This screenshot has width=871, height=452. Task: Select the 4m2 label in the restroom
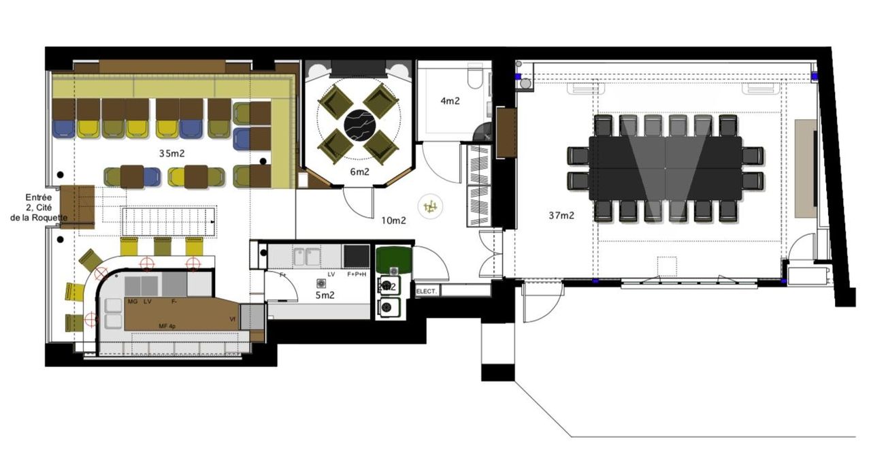[450, 101]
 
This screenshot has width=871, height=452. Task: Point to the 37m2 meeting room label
[561, 216]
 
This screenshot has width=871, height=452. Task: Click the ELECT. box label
[427, 291]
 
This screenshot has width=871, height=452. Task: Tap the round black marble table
[359, 124]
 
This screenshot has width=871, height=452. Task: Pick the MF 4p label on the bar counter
[167, 327]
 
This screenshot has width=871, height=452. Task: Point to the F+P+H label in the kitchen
[357, 274]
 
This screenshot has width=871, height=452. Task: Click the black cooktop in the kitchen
[357, 256]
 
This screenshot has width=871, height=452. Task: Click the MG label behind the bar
[132, 300]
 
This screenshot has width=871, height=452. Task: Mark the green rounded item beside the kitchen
[393, 259]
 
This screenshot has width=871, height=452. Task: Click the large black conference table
[665, 167]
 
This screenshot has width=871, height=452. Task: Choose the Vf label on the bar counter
[232, 318]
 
